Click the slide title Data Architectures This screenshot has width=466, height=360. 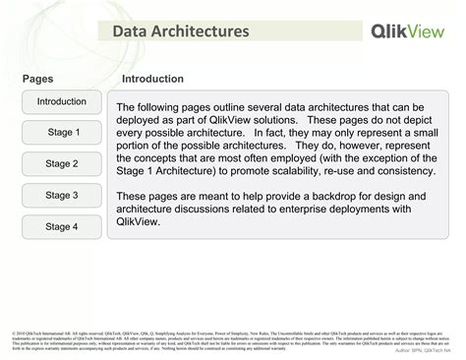click(179, 33)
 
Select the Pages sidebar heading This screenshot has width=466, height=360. click(36, 79)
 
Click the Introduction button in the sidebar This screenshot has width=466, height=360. click(62, 101)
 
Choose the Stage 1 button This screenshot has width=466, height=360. click(62, 133)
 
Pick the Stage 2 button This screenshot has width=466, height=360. click(62, 164)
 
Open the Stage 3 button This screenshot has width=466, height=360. click(62, 196)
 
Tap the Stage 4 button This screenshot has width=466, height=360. click(62, 227)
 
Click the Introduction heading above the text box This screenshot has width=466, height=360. click(152, 79)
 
